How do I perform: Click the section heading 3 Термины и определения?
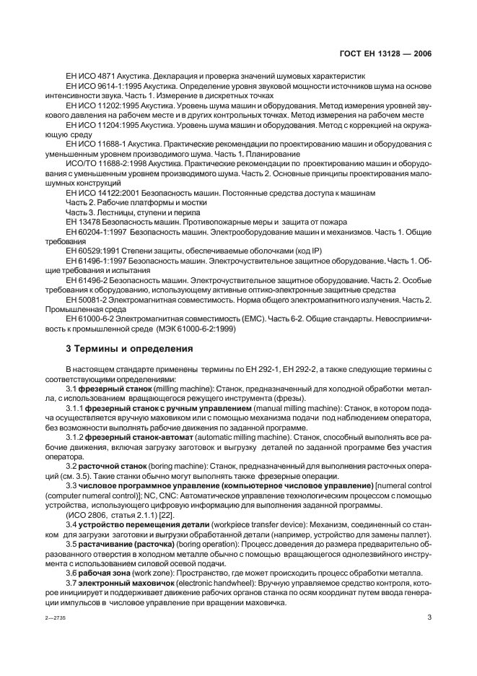[x=129, y=348]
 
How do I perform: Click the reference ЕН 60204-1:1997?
[x=97, y=232]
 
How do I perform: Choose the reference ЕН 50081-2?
[x=89, y=300]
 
